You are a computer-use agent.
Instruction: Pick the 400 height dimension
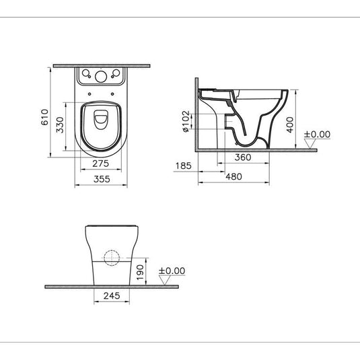(x=290, y=124)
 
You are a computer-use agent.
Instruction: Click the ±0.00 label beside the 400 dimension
(x=317, y=135)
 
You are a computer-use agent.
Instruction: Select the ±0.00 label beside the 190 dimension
(x=171, y=271)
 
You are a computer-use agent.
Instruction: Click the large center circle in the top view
(x=100, y=76)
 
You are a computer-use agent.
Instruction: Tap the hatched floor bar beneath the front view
(x=111, y=286)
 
